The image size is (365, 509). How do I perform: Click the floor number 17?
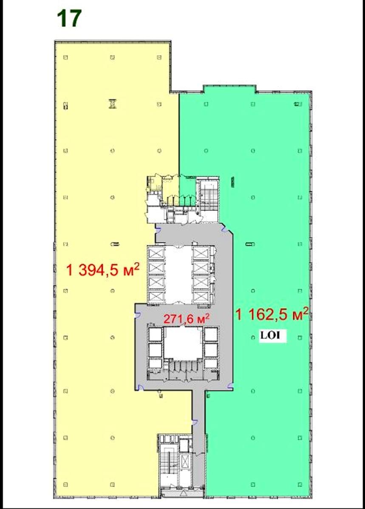point(69,19)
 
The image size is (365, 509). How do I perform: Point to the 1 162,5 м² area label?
point(272,314)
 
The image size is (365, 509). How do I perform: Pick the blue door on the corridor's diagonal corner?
point(225,228)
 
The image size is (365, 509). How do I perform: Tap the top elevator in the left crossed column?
point(156,253)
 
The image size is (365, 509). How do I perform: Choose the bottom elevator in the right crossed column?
point(201,296)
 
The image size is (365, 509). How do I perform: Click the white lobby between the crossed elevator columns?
point(178,275)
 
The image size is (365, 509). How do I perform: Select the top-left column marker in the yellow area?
point(65,58)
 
